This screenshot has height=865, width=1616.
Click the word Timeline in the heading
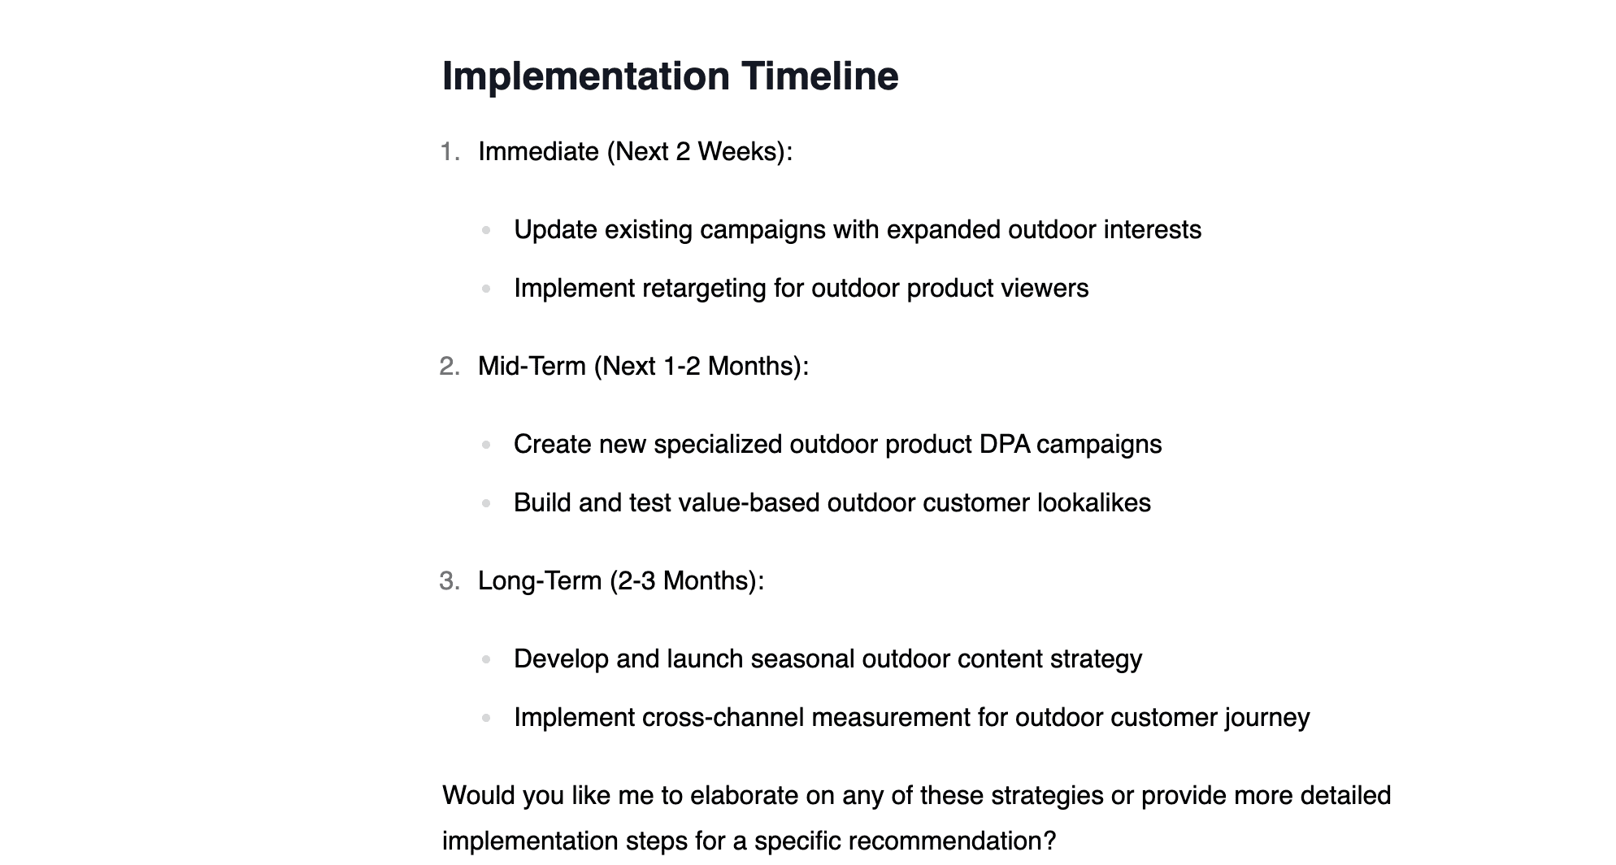[x=819, y=76]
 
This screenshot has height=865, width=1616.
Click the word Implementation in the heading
[x=586, y=76]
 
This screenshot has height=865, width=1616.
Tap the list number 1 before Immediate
[x=450, y=151]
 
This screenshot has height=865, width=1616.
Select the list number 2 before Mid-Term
[x=450, y=366]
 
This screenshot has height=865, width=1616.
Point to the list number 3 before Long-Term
[x=450, y=580]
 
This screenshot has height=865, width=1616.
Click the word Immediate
[x=538, y=151]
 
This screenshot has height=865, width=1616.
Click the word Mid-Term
[x=532, y=366]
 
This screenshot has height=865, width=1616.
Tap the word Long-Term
[x=540, y=580]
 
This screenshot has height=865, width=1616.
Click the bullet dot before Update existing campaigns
[x=486, y=230]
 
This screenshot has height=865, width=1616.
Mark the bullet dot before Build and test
[x=486, y=503]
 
